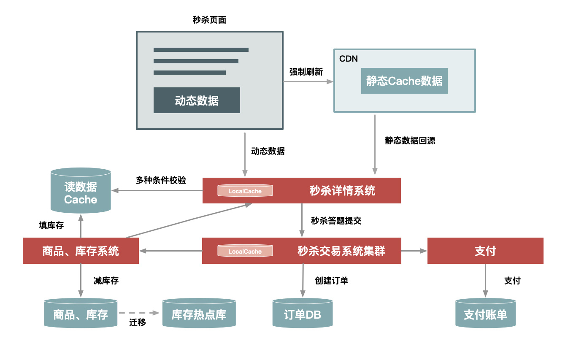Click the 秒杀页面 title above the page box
pos(209,20)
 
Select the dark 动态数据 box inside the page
pos(197,100)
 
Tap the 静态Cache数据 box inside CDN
pos(404,81)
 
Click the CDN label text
pos(349,59)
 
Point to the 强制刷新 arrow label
pos(306,72)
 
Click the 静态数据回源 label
pos(410,141)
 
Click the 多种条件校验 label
pos(161,180)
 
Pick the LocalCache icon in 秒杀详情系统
pos(245,191)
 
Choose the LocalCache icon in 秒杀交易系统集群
pos(245,251)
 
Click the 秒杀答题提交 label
pos(336,220)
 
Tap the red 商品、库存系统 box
pos(81,251)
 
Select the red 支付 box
pos(485,251)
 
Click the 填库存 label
pos(51,225)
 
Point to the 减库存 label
pos(106,281)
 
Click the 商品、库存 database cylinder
pos(81,314)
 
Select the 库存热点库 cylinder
pos(199,314)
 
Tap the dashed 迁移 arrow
pos(139,313)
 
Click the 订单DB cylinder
pos(302,314)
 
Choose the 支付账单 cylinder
pos(485,314)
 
